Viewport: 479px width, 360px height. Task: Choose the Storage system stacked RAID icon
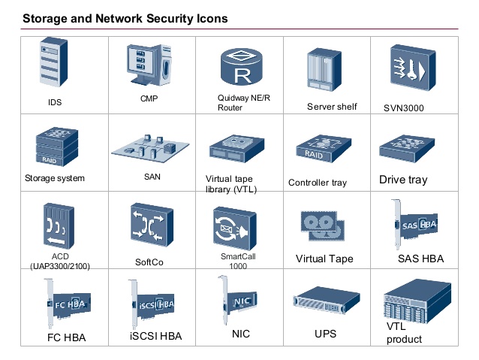point(57,147)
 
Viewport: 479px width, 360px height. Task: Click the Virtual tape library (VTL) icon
point(241,150)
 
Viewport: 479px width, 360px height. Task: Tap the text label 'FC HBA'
point(66,337)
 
